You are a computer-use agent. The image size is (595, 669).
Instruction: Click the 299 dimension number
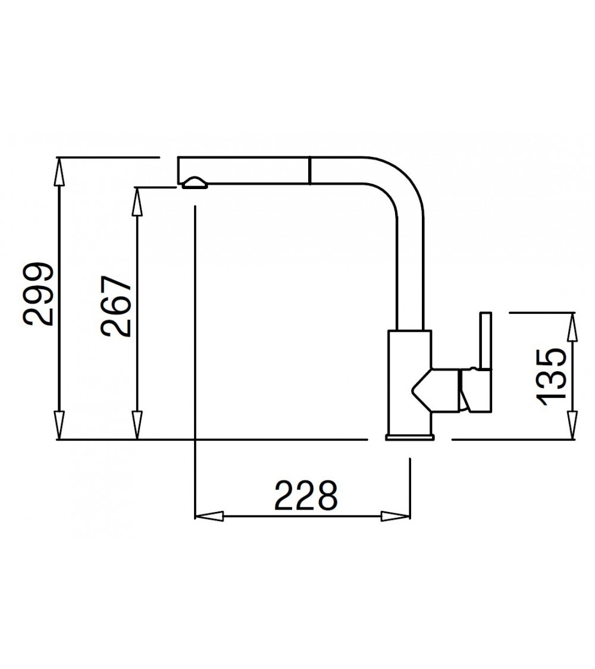click(39, 294)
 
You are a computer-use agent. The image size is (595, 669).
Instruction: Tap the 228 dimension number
click(306, 495)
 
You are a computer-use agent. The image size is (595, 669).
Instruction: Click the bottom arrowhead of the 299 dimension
click(59, 426)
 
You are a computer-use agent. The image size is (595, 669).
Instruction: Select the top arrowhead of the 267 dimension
click(137, 200)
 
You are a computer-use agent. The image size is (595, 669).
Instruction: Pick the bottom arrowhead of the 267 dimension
click(137, 426)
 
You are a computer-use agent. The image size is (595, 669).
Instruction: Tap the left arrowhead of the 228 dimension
click(209, 516)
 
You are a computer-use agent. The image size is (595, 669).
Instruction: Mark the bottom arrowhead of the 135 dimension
click(573, 425)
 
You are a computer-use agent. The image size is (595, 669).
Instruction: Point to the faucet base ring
click(410, 438)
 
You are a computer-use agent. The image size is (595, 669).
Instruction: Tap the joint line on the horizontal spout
click(309, 171)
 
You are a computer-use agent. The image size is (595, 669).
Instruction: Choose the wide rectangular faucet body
click(409, 381)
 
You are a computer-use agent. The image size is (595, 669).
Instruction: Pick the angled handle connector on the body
click(437, 390)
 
